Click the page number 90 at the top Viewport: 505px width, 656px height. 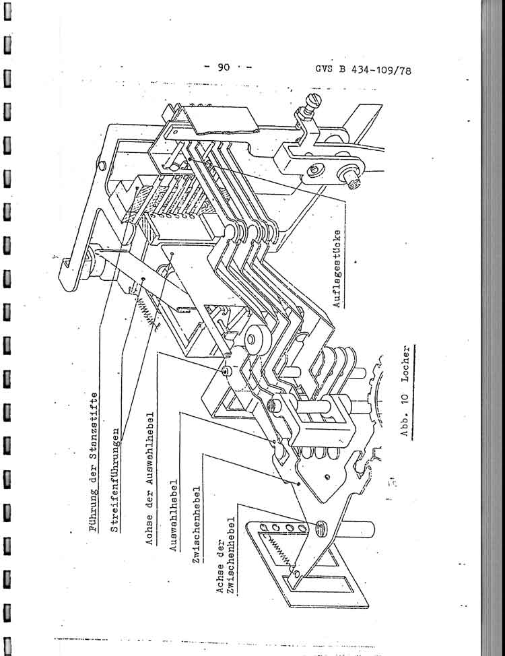pyautogui.click(x=224, y=67)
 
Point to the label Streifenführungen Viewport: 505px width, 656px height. pyautogui.click(x=116, y=480)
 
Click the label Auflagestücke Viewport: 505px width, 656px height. pyautogui.click(x=337, y=269)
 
